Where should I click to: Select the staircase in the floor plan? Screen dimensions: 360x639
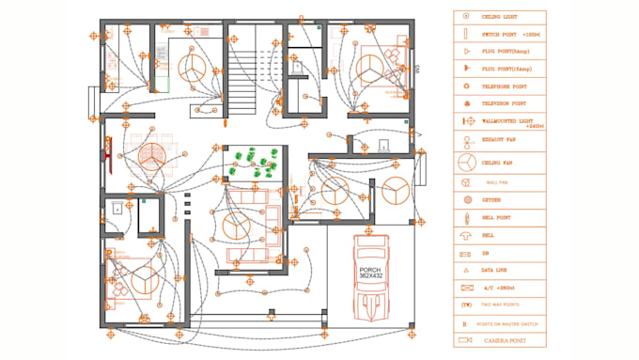[x=243, y=81]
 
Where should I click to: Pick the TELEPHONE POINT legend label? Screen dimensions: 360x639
[x=505, y=86]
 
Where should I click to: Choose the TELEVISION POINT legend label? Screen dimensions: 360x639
[x=505, y=103]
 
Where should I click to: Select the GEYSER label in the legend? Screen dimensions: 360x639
[x=491, y=200]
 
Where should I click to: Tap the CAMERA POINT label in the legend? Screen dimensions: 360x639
[x=505, y=339]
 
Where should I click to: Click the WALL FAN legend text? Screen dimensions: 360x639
[x=496, y=182]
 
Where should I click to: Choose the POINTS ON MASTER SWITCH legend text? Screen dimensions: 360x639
[x=507, y=322]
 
